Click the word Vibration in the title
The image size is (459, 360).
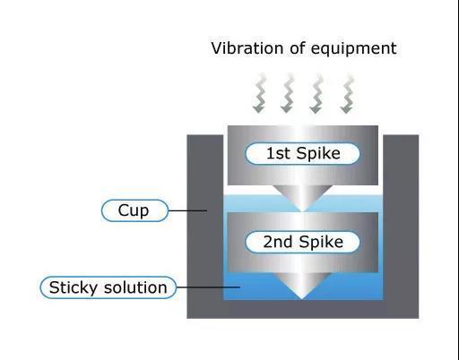click(x=247, y=48)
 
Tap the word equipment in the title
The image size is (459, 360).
click(x=354, y=49)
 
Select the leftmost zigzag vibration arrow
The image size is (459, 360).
click(x=259, y=93)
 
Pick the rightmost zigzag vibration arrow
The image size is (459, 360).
click(x=347, y=93)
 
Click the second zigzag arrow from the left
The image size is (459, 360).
click(x=287, y=93)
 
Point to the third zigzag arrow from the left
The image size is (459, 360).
click(x=316, y=93)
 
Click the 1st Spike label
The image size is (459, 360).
click(x=302, y=153)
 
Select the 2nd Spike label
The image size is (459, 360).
click(x=302, y=242)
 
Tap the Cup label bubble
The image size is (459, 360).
click(x=134, y=210)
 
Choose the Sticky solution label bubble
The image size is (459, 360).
click(x=108, y=287)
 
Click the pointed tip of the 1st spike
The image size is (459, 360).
click(x=302, y=210)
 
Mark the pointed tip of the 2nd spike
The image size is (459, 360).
click(x=302, y=298)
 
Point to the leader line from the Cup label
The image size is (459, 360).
click(x=187, y=210)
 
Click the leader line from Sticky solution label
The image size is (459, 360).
click(x=208, y=287)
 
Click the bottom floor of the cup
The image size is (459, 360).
click(x=303, y=309)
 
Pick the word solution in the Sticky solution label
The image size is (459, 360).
click(x=135, y=287)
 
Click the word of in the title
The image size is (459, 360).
click(x=297, y=48)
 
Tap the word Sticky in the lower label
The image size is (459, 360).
click(x=74, y=288)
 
